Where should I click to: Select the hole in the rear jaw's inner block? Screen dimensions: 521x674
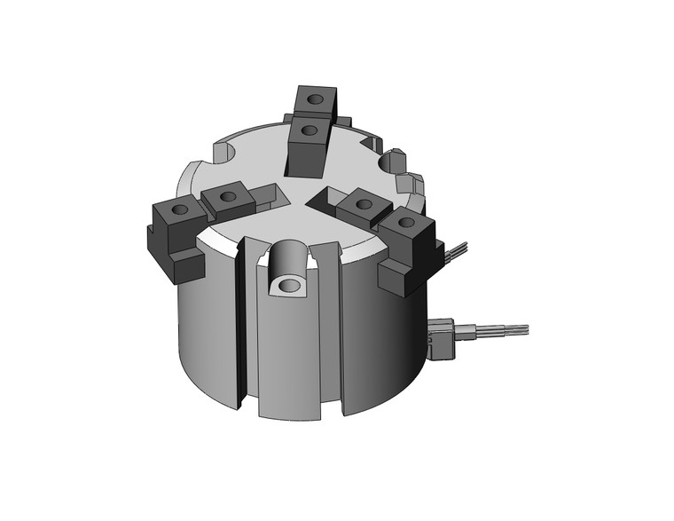[309, 130]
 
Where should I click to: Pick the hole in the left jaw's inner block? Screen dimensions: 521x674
[227, 195]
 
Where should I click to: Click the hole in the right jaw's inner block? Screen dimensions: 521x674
[362, 203]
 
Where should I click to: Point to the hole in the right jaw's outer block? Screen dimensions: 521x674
[406, 222]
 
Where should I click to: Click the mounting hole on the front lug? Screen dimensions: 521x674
[288, 286]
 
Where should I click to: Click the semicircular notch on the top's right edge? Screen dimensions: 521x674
[388, 162]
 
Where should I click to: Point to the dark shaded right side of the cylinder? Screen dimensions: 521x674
[399, 346]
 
